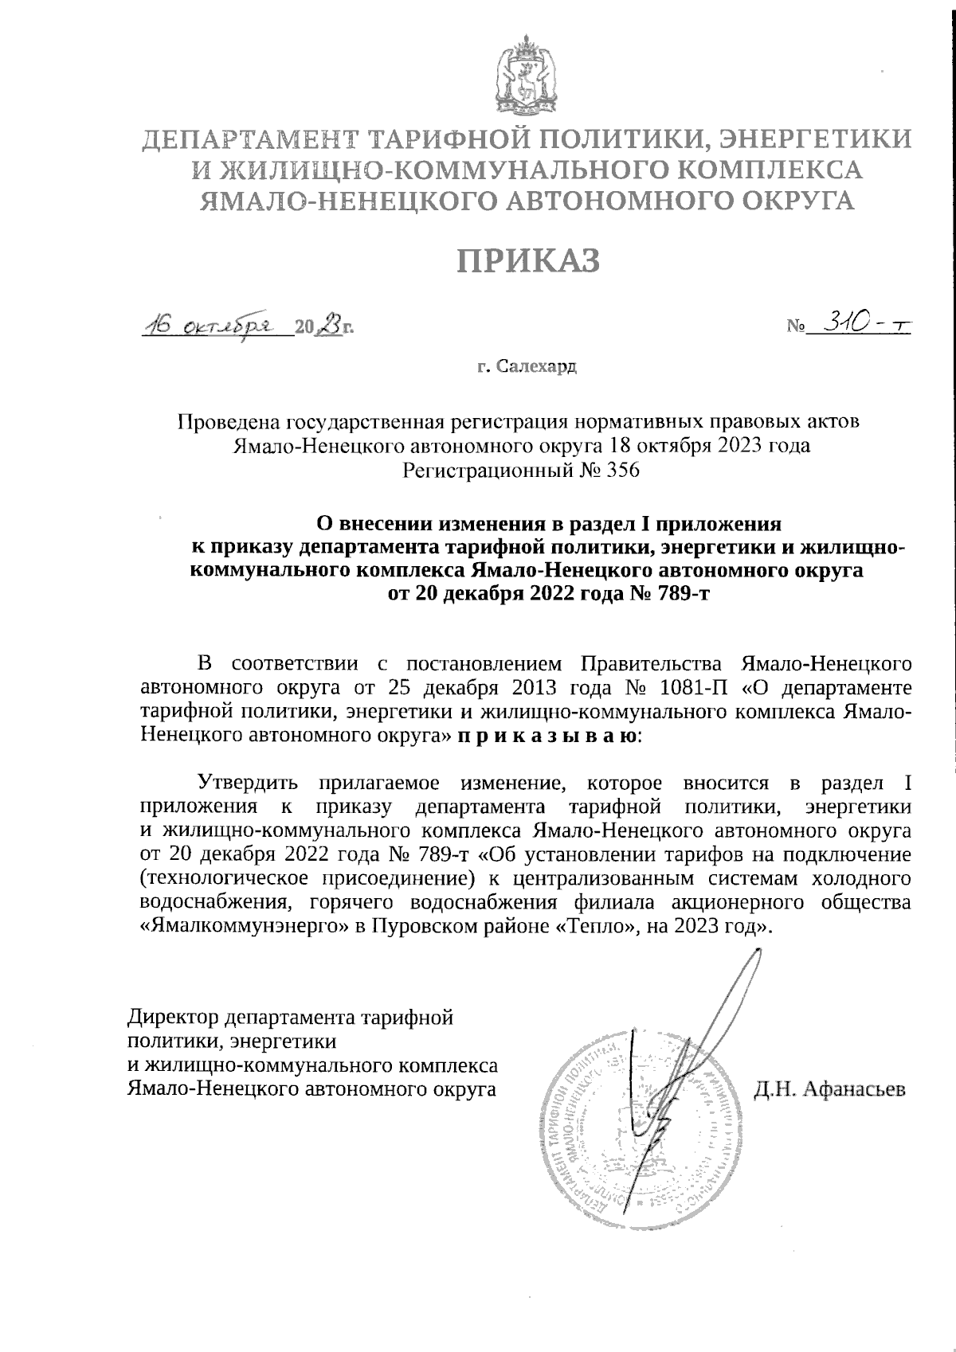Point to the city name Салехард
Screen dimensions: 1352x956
click(x=535, y=367)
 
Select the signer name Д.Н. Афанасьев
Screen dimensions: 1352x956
click(x=830, y=1088)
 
